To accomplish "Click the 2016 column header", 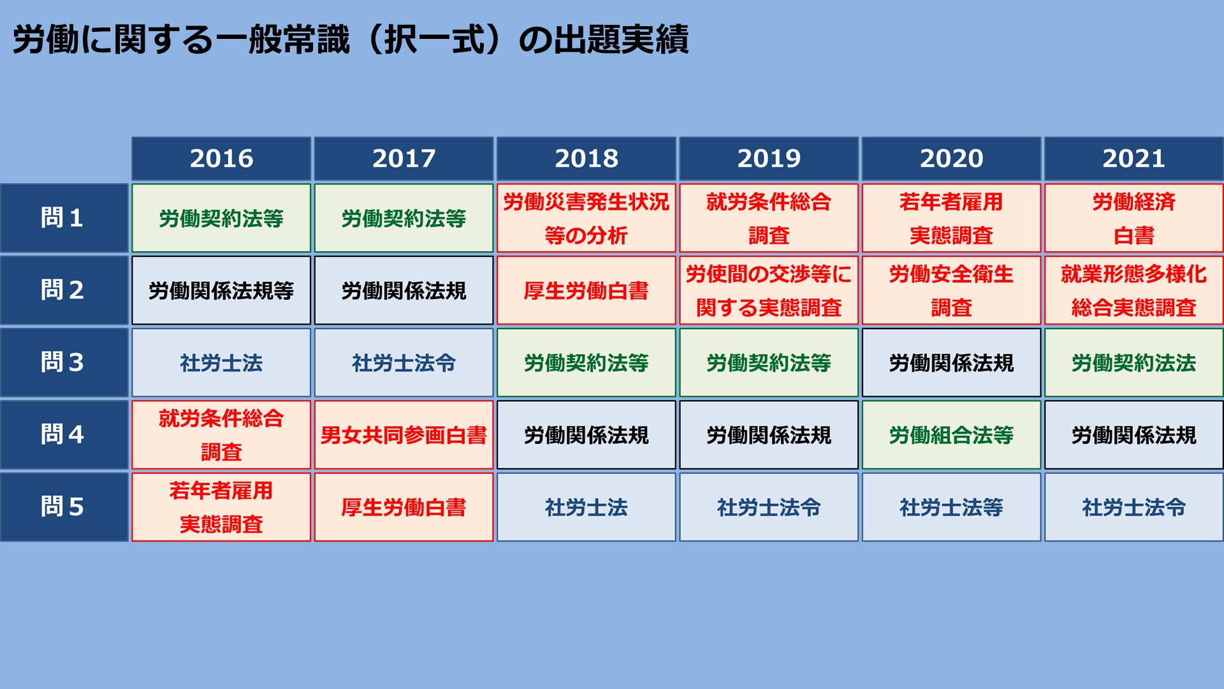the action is [x=221, y=158].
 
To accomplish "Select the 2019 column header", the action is [x=769, y=158].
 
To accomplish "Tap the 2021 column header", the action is [x=1134, y=158].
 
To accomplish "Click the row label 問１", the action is [x=64, y=218].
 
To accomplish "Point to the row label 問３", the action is [x=64, y=362].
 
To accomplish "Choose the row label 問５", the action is [x=64, y=507].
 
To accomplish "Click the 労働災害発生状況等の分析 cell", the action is [x=586, y=218].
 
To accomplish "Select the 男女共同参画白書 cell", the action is [x=404, y=435].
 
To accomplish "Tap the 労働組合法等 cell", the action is [x=951, y=435].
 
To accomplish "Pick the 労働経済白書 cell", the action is [x=1134, y=218].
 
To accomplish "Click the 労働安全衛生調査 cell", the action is [x=951, y=290].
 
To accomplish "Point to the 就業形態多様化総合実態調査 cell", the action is [x=1134, y=290].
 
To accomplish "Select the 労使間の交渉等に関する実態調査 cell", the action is [x=769, y=290].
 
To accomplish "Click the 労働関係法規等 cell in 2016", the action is [x=221, y=290].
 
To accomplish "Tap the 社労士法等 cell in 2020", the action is [x=951, y=507].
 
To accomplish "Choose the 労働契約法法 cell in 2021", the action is [x=1134, y=362].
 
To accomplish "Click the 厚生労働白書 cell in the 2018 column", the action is [x=586, y=290].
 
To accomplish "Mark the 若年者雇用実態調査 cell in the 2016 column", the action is [x=221, y=507].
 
